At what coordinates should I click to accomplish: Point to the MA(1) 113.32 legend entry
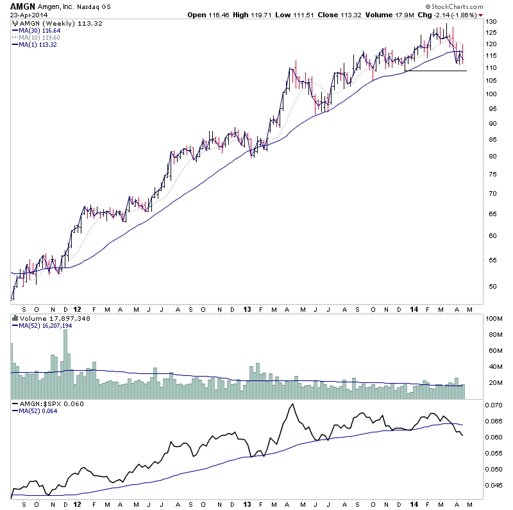(40, 44)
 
